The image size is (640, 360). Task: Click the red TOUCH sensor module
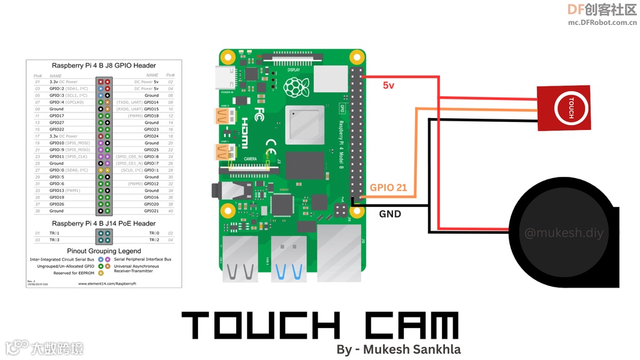563,107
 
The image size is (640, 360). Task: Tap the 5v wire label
388,85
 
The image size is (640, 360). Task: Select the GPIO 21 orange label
388,187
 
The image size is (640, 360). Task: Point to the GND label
390,214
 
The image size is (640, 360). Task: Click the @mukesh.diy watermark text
564,233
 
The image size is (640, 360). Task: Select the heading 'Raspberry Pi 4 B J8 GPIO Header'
104,66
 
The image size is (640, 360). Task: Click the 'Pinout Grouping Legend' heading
104,251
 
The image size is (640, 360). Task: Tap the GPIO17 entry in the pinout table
57,116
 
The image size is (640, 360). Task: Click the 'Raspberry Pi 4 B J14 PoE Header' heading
104,223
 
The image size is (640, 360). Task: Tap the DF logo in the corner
575,9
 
